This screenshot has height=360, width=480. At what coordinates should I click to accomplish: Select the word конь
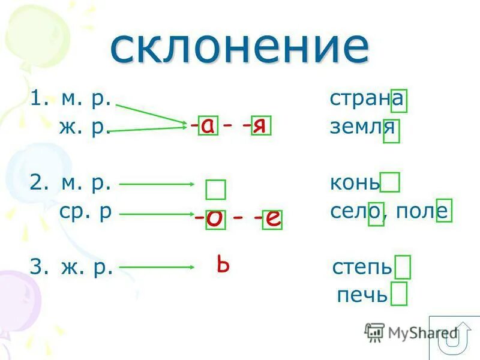pos(355,182)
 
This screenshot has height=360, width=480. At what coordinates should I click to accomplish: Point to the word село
pos(356,212)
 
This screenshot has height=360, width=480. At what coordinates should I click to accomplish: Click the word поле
pos(420,212)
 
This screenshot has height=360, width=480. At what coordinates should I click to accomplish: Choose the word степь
pos(362,266)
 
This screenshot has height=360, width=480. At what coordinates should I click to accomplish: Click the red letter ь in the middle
pos(223,265)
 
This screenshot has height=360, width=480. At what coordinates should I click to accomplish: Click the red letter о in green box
pos(215,220)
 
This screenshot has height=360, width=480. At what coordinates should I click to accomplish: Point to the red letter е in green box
pos(272,220)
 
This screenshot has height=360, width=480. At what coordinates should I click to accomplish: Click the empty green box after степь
pos(403,267)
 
